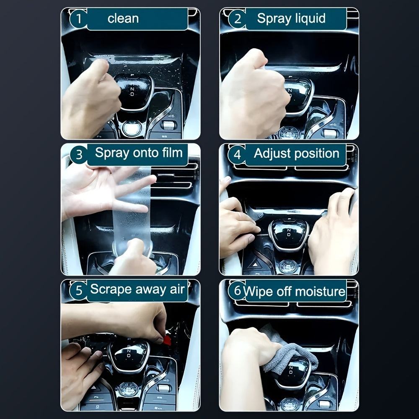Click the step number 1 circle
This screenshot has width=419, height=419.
click(x=78, y=19)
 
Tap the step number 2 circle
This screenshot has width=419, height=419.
click(x=237, y=19)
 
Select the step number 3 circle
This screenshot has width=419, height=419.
click(x=78, y=155)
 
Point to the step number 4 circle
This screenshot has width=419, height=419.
click(x=237, y=155)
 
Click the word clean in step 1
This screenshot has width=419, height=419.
click(x=123, y=18)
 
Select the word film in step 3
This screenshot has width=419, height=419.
click(x=171, y=153)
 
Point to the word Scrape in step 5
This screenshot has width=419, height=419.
click(x=110, y=289)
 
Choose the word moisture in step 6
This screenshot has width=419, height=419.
click(x=321, y=291)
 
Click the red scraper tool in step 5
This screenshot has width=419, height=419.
click(x=167, y=340)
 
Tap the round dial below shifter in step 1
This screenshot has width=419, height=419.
click(x=132, y=127)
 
